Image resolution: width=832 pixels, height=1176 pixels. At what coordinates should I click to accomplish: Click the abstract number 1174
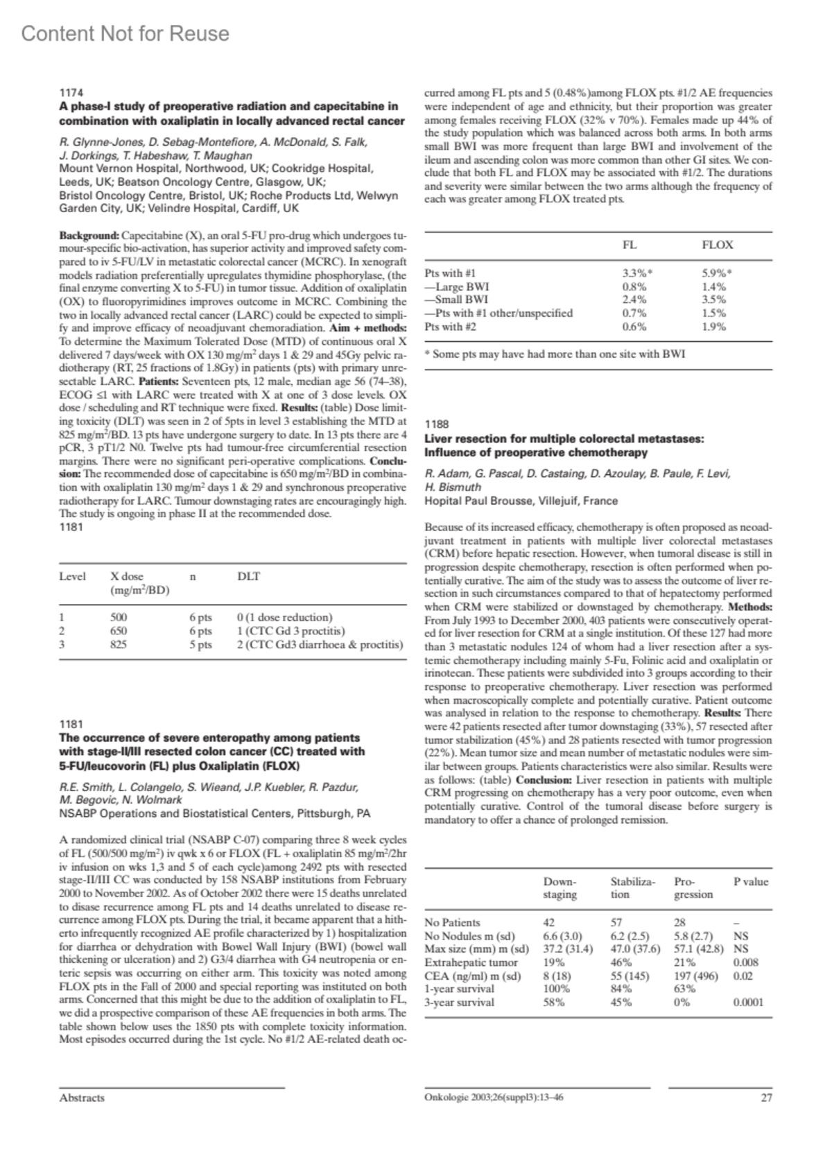71,92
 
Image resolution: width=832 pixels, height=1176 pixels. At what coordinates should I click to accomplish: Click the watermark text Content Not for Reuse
125,33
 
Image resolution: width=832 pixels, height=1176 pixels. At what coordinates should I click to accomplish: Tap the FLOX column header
718,245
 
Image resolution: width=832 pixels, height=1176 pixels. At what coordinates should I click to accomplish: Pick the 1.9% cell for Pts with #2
714,327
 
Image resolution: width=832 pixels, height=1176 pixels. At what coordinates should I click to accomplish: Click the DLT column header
248,576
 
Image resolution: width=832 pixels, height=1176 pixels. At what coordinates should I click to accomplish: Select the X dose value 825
119,644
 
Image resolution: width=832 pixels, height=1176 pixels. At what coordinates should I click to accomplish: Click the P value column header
751,882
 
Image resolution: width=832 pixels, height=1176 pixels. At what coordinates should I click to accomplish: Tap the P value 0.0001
748,1002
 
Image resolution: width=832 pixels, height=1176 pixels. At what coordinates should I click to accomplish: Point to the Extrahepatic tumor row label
471,962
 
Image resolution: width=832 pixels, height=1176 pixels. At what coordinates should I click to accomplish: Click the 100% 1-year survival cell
555,989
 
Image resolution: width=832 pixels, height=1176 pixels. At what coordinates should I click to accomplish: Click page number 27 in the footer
766,1098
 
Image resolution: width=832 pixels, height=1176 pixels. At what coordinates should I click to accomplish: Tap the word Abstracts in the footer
82,1098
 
